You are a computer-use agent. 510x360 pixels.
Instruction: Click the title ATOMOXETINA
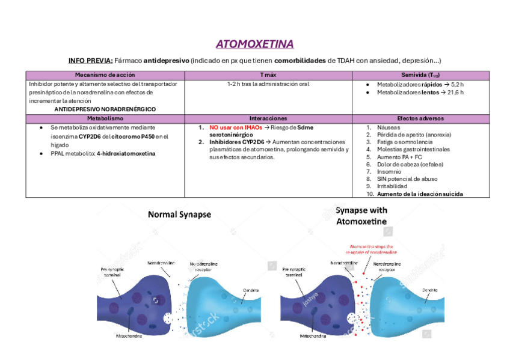pyautogui.click(x=254, y=44)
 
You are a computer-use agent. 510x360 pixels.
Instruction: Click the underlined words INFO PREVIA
pyautogui.click(x=91, y=61)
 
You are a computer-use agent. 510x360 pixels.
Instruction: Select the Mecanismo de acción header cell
pyautogui.click(x=105, y=75)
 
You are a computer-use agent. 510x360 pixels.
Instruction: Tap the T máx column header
pyautogui.click(x=268, y=75)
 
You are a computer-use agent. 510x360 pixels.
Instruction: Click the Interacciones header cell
pyautogui.click(x=268, y=119)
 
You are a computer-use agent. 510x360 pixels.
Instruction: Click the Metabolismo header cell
pyautogui.click(x=105, y=119)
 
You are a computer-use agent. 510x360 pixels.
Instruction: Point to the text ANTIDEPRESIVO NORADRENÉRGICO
pyautogui.click(x=105, y=109)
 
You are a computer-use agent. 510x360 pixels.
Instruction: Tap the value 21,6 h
pyautogui.click(x=455, y=93)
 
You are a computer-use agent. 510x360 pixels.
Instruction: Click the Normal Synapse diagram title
pyautogui.click(x=180, y=214)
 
